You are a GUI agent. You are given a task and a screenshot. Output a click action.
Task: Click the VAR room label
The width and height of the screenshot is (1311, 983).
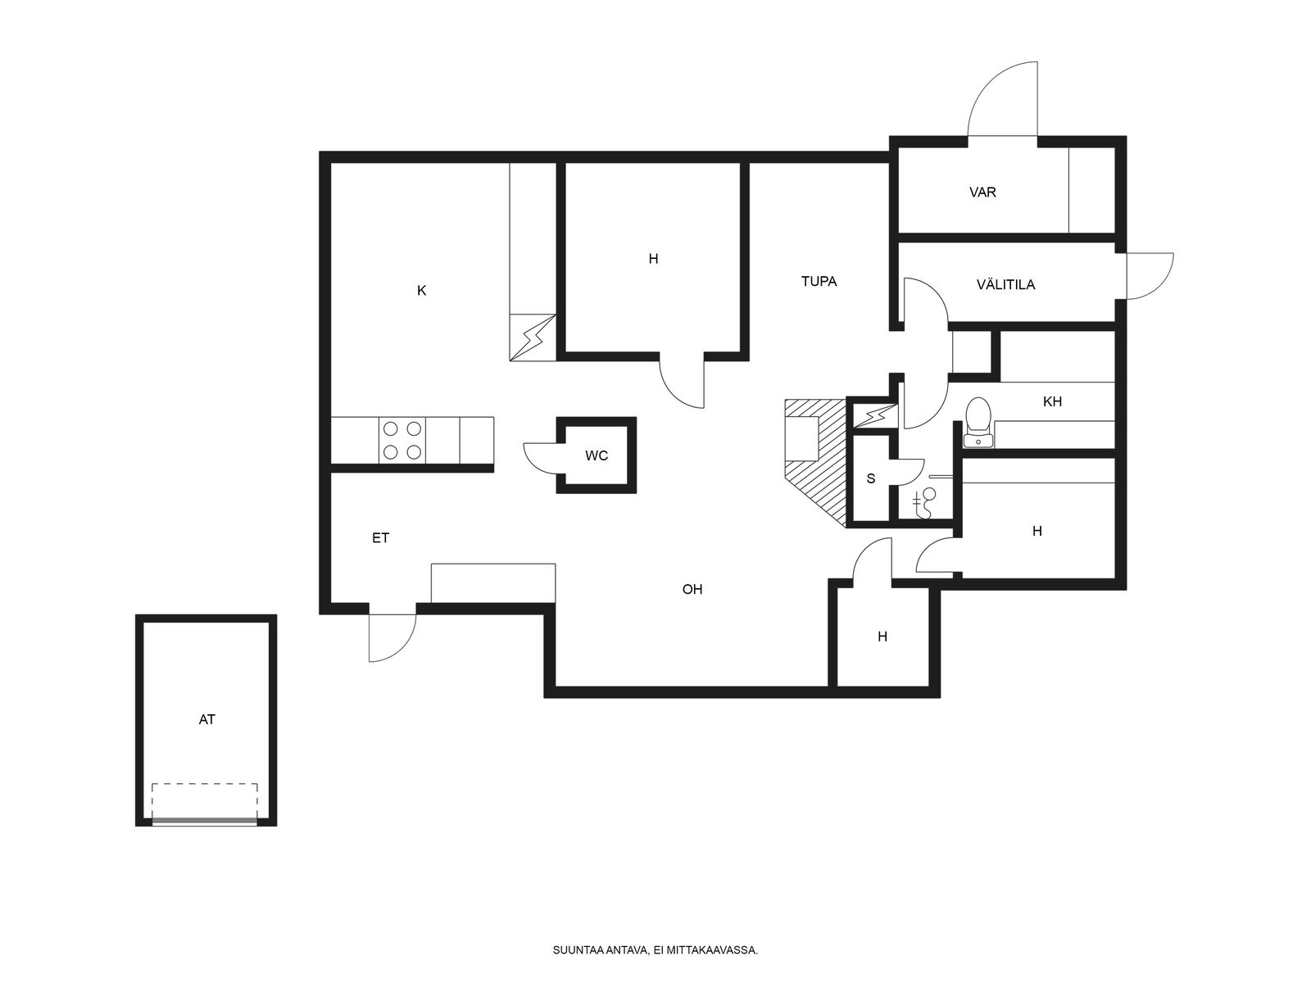coord(982,193)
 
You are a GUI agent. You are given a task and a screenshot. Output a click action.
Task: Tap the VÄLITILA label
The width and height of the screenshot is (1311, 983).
coord(1006,285)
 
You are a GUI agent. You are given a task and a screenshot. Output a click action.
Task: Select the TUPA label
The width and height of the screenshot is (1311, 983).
coord(819,281)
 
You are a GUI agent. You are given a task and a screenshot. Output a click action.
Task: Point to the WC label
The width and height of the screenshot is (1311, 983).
coord(597,456)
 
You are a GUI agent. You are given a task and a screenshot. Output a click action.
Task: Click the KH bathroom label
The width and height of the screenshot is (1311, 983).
coord(1052,401)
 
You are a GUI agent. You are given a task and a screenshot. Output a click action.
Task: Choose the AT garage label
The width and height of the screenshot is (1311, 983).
coord(206,720)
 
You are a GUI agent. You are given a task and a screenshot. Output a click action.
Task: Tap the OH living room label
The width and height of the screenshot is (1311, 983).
coord(692,590)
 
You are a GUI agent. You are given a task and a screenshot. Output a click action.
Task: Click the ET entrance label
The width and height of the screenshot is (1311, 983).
coord(380,538)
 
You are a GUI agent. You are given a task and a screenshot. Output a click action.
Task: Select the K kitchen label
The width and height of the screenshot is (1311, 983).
coord(422,291)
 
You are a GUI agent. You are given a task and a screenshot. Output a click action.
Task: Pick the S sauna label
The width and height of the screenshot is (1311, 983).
coord(871,478)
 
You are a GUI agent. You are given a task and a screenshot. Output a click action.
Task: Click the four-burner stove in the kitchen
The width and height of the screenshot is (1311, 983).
coord(402,441)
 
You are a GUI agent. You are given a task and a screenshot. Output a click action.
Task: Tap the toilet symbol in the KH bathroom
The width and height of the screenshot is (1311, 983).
coord(978,423)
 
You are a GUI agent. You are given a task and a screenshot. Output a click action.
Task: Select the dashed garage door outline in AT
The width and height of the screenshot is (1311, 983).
coord(204,804)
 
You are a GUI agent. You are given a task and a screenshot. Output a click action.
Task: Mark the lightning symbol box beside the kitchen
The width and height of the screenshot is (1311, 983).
coord(533,337)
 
